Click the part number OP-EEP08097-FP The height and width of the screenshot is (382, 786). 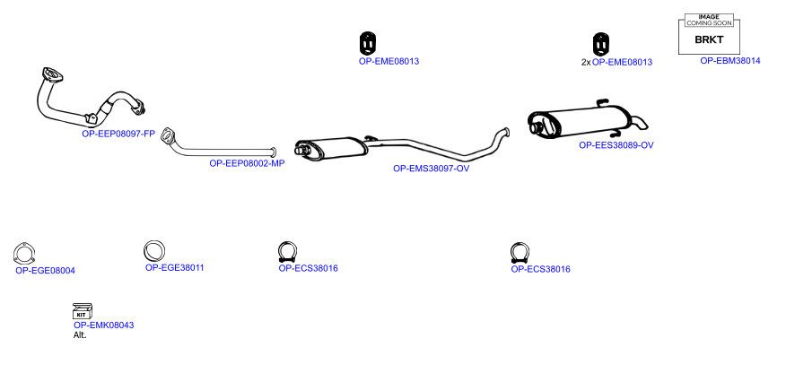click(x=118, y=134)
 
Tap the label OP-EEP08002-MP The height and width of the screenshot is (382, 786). click(x=247, y=163)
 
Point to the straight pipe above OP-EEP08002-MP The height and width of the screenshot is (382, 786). click(x=221, y=150)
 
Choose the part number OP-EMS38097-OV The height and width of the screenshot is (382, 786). click(x=431, y=169)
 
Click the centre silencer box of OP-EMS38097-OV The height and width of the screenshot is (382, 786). click(x=331, y=149)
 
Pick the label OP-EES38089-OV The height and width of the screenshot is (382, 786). click(x=616, y=145)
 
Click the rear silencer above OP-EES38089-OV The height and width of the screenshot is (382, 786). click(x=581, y=121)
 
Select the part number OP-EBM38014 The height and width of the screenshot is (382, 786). click(x=730, y=61)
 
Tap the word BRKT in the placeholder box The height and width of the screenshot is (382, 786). click(x=709, y=40)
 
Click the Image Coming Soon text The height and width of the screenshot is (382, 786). click(x=709, y=20)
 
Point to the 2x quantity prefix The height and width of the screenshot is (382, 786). click(x=586, y=63)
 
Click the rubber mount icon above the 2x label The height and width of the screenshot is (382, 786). click(x=600, y=44)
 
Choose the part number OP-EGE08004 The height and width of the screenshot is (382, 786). click(x=45, y=271)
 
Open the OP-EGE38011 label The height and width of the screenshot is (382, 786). click(x=174, y=268)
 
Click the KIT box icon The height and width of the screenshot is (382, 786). click(x=83, y=311)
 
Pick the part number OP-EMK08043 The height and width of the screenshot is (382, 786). click(x=104, y=326)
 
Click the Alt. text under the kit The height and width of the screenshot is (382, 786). click(x=80, y=335)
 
